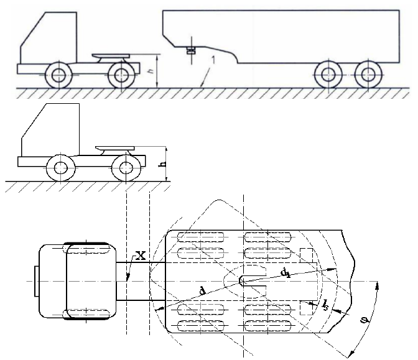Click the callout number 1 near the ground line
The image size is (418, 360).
click(213, 60)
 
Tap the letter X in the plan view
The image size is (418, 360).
click(141, 256)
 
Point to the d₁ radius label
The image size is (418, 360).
click(286, 273)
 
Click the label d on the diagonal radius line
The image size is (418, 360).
click(203, 291)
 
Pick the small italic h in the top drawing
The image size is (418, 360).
click(151, 71)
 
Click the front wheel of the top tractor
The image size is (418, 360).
click(58, 75)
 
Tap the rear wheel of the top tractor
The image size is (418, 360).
click(121, 75)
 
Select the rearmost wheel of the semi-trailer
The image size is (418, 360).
click(369, 75)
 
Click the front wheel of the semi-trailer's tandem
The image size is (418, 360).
click(328, 75)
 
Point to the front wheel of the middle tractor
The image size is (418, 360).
click(61, 168)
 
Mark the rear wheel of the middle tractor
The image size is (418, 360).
click(126, 168)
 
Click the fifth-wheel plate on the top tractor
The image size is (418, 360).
click(111, 55)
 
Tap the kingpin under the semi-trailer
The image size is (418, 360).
click(191, 50)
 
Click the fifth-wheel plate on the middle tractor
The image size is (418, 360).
click(115, 147)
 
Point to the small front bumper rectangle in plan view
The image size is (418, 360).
click(37, 281)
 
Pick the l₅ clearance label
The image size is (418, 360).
click(325, 305)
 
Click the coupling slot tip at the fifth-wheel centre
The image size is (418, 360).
click(240, 281)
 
